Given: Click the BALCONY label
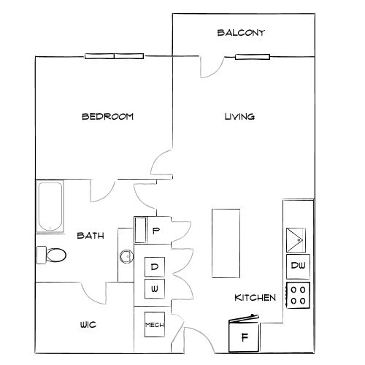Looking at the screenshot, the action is point(241,33).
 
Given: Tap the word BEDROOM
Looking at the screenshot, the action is point(108,117).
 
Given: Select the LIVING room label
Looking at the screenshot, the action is point(239,117).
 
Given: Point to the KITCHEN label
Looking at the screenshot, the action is point(255,298).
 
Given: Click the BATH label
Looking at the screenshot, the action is point(91,236).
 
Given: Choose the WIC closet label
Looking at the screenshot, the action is point(88,325).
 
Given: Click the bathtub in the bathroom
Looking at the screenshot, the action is point(50,207).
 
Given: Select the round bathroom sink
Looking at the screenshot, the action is point(126,256).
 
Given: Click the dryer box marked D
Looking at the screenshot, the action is point(155,267).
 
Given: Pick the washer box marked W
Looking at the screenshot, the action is point(155,289).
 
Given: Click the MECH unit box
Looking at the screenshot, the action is point(155,325).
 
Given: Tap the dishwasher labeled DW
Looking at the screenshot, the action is point(298,266).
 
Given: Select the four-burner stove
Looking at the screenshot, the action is point(298,296).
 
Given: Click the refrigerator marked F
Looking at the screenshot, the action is point(244,336).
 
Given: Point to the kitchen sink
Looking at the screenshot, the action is point(296,240).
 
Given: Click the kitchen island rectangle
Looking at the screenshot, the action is point(226,243).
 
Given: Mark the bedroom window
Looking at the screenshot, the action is point(114,56).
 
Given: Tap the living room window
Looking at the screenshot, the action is point(253,57).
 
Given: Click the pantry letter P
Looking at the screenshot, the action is point(155,231).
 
